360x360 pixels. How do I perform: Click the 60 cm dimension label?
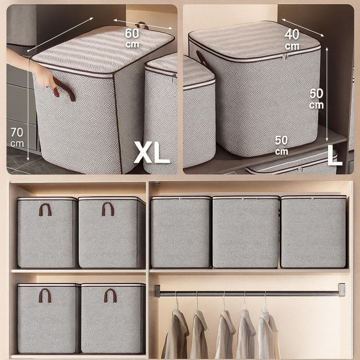click(132, 38)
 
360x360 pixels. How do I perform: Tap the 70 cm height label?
click(17, 137)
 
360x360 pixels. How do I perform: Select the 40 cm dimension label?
click(292, 40)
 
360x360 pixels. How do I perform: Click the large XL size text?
click(152, 152)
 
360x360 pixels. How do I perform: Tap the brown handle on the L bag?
click(202, 59)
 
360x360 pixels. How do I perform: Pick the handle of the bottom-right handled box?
click(111, 296)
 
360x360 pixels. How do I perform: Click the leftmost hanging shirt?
click(175, 333)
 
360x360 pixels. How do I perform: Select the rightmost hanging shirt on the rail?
click(269, 333)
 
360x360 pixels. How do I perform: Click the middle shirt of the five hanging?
click(225, 333)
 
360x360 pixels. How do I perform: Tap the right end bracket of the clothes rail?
click(342, 290)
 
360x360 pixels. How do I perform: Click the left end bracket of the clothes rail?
click(157, 291)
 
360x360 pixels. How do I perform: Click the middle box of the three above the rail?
click(246, 232)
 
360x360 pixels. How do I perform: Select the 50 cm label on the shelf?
click(281, 145)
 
